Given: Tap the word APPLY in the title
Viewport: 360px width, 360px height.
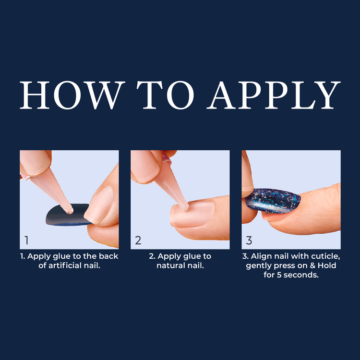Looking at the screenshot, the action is [273, 95].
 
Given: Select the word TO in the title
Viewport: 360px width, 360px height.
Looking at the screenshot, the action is [165, 95].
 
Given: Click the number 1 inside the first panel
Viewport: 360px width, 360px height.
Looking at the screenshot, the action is [26, 240].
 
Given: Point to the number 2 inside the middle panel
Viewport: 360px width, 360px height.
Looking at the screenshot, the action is [138, 240].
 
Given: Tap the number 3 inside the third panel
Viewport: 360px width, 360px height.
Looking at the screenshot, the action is [249, 240].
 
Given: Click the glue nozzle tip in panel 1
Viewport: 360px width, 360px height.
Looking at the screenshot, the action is [70, 211].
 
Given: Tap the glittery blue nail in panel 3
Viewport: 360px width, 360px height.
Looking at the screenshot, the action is [273, 201].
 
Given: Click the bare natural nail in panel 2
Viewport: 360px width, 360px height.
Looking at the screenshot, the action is [192, 214].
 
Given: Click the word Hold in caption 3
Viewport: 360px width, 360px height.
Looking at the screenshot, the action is [327, 265].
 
